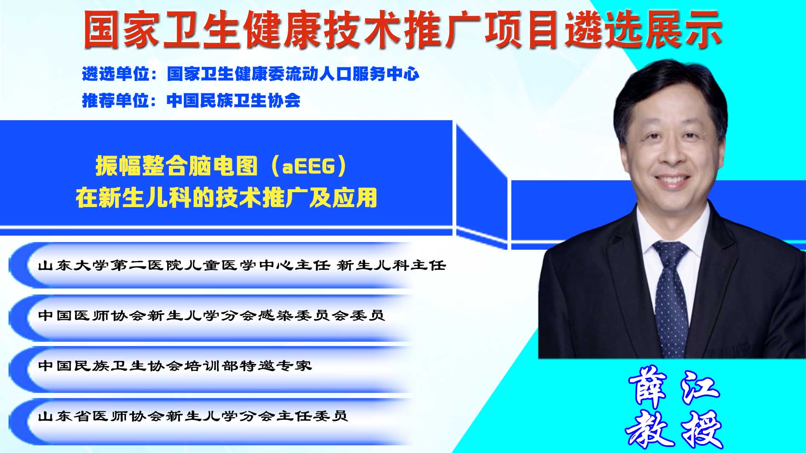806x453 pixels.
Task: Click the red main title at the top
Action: pos(403,29)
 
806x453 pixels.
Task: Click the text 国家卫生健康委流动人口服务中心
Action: pos(293,74)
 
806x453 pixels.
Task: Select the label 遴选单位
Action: pos(116,74)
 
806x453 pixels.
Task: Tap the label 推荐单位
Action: pos(116,101)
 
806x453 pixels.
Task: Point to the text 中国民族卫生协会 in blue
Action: pos(234,101)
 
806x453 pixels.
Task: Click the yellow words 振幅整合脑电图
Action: pos(177,166)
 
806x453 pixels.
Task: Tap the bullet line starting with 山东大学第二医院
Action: pos(242,265)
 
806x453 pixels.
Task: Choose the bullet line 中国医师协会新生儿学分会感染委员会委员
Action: pos(212,315)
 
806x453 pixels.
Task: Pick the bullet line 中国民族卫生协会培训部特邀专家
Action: pos(175,366)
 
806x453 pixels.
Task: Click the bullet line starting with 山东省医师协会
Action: pos(193,415)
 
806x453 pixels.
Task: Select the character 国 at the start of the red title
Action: pos(101,29)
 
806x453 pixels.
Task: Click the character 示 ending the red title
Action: pos(704,29)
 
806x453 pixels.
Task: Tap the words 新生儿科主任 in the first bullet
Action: pos(391,265)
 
